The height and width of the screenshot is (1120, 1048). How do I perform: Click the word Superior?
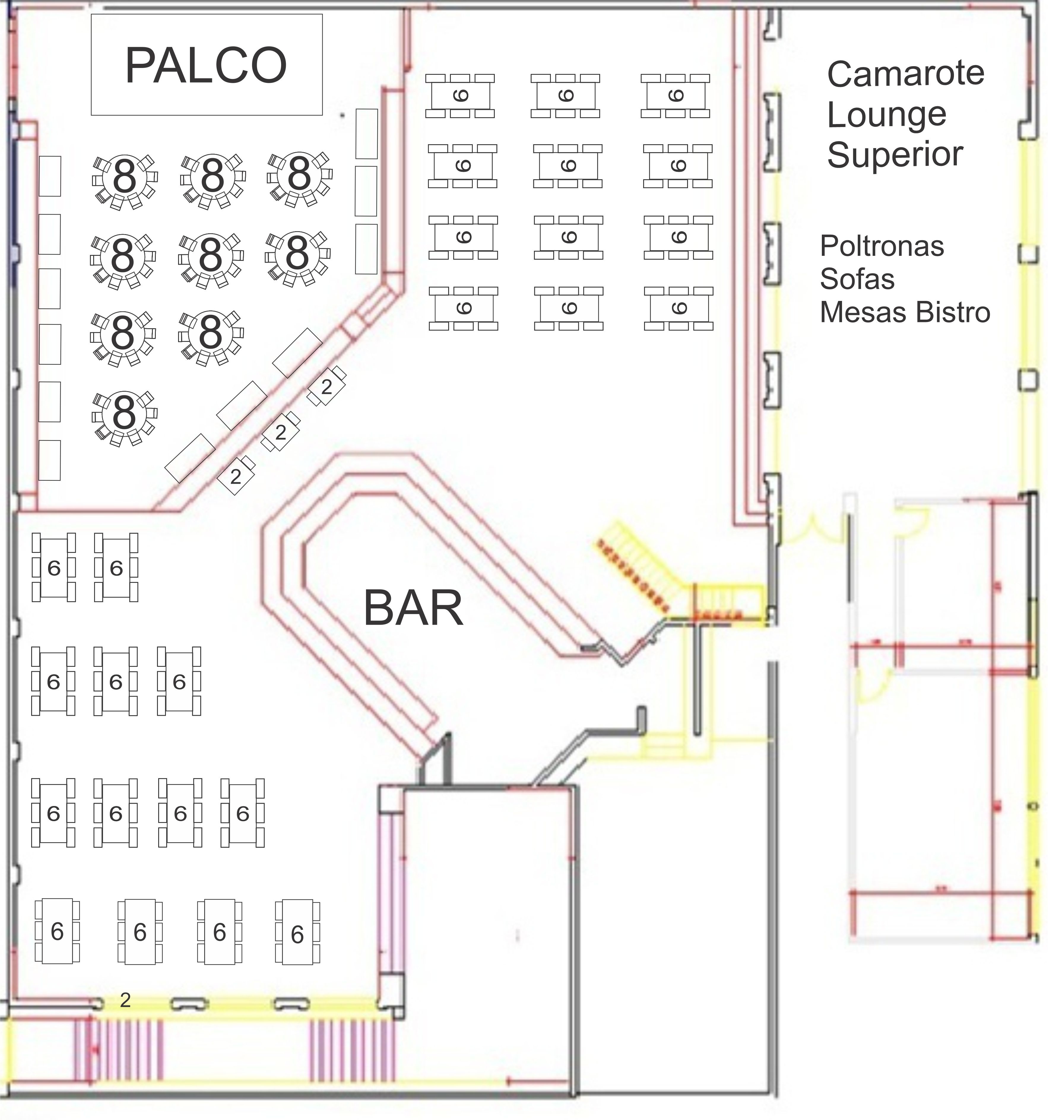tap(895, 154)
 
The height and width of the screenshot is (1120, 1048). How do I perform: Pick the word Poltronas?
tap(882, 246)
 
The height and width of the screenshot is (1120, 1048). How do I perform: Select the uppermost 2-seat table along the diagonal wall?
tap(327, 386)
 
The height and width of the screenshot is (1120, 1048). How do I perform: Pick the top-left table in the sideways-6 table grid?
tap(460, 96)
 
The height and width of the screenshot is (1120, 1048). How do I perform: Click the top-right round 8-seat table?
tap(299, 179)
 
